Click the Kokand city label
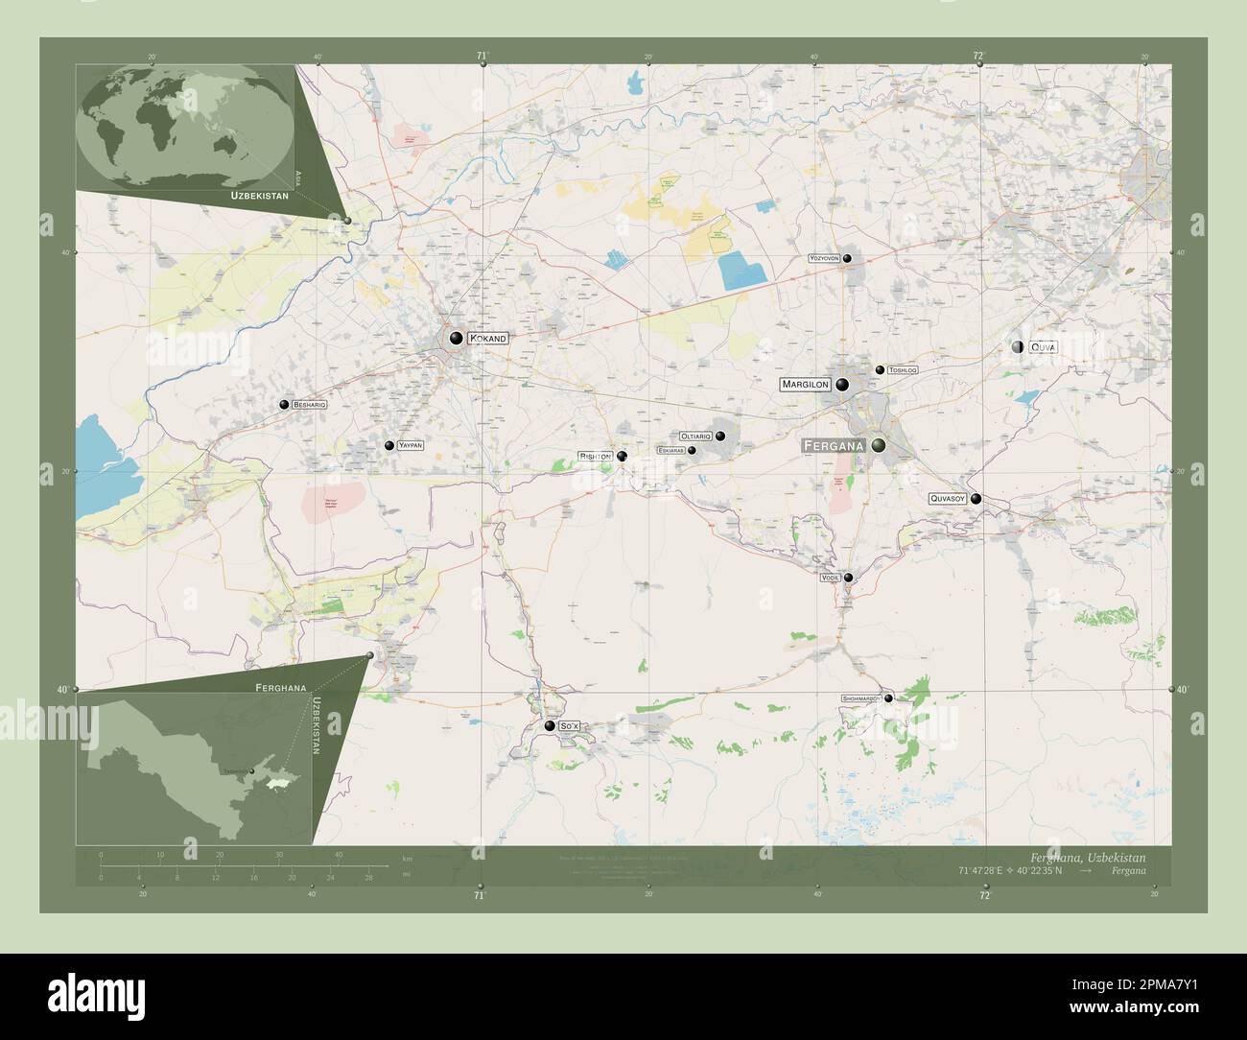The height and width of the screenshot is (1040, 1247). click(487, 339)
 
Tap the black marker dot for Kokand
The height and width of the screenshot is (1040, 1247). click(456, 338)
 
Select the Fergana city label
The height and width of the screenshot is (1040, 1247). click(833, 446)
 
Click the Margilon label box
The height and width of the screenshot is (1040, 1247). click(805, 384)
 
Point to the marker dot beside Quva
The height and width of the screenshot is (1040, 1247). click(1018, 346)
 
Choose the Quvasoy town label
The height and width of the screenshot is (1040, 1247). click(947, 499)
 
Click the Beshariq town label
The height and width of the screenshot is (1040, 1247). click(310, 406)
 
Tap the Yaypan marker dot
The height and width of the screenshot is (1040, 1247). click(389, 446)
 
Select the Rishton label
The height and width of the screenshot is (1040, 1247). click(595, 457)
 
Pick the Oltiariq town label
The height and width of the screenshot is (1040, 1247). click(695, 437)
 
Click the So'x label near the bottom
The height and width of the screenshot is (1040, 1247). click(570, 727)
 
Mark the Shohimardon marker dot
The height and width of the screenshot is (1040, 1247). click(888, 698)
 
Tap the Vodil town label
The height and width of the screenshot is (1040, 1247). click(830, 578)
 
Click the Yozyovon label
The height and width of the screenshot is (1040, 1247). click(824, 259)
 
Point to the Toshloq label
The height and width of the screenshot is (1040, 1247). click(903, 369)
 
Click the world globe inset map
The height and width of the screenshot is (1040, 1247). click(187, 126)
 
